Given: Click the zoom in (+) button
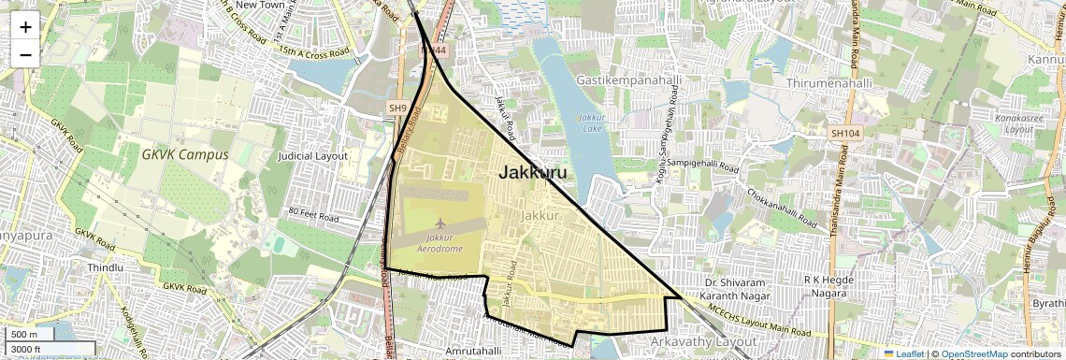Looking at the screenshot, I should point(25,27).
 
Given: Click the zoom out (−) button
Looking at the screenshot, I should point(25,54).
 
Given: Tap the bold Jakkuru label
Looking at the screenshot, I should point(532,172).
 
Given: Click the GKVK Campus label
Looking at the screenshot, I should point(185,154).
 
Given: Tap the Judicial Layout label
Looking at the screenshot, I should point(313,156).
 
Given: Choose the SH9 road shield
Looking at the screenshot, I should point(398,108).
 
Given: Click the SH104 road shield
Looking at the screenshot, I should point(844,134).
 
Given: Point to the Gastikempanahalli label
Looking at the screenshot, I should point(628,81).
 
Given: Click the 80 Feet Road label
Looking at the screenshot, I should point(312,212).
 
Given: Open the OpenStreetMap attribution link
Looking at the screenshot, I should point(973,354).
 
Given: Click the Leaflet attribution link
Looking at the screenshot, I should point(903,354).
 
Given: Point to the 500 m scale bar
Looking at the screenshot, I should point(28,335).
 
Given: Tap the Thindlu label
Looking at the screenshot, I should point(105,267).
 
